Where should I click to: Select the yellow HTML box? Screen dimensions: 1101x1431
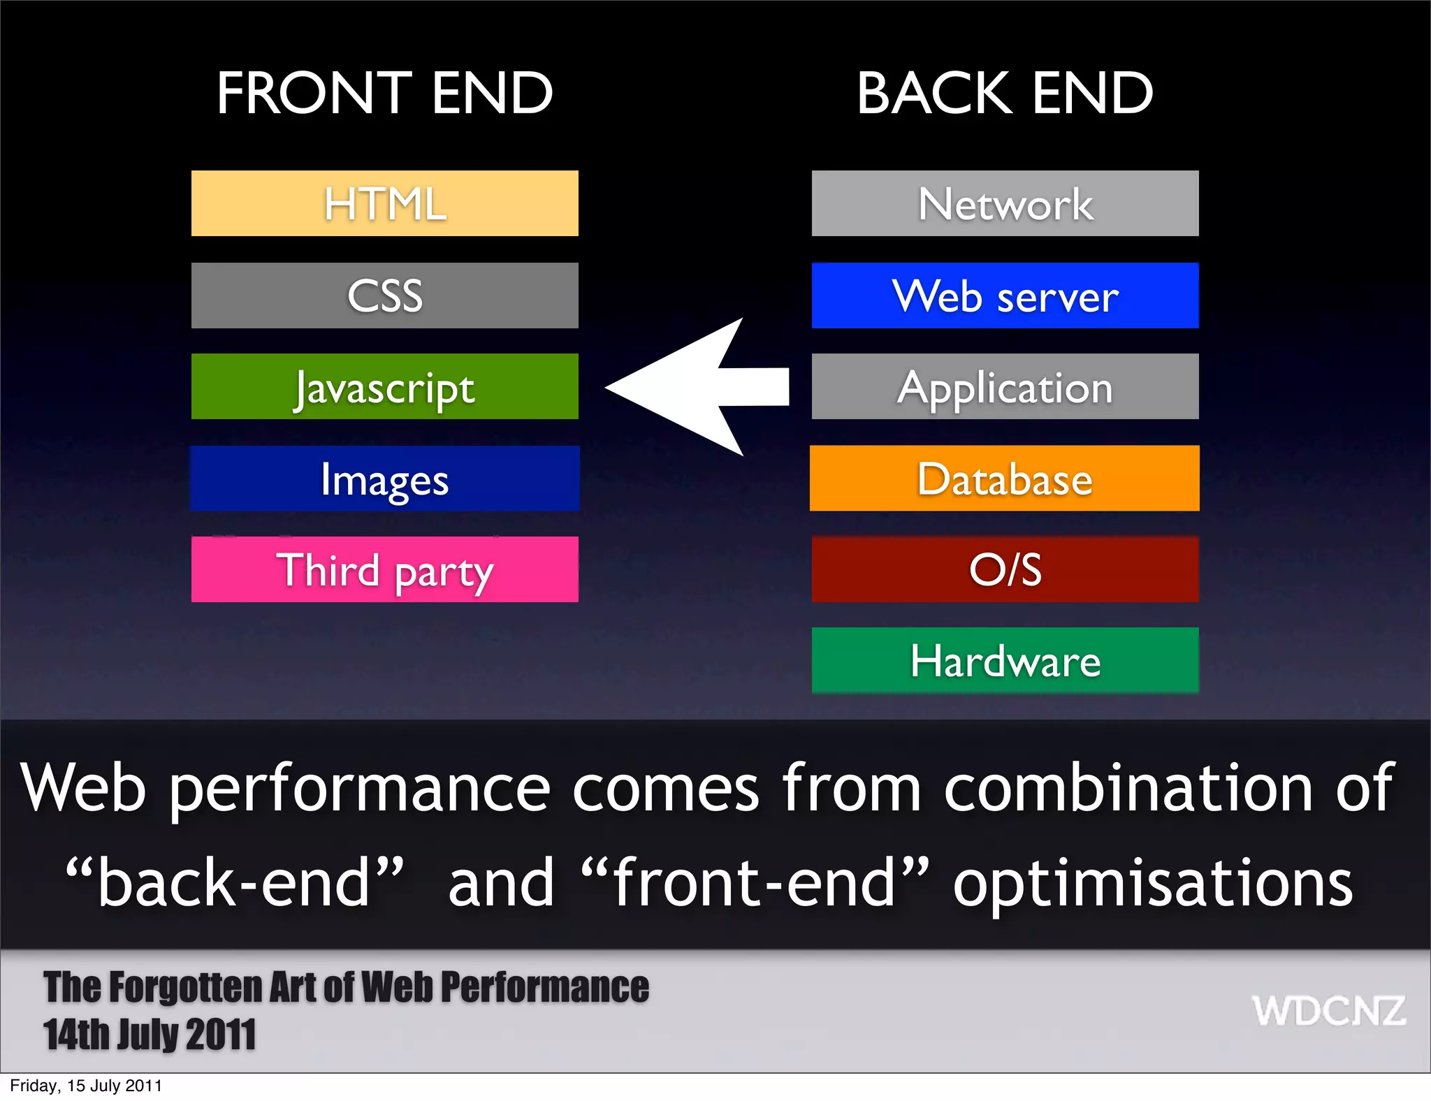click(384, 203)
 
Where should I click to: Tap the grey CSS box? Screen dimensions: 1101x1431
click(384, 296)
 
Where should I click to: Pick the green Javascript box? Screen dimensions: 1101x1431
click(384, 386)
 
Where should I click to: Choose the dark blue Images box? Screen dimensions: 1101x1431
click(384, 479)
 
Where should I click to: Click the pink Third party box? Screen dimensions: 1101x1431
click(384, 569)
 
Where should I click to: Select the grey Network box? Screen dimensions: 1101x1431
click(1005, 203)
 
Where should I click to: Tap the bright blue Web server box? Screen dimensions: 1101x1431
click(1005, 296)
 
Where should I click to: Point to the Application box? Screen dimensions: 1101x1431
click(1005, 386)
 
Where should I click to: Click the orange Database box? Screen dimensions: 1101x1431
click(1005, 479)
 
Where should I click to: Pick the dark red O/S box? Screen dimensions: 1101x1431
click(1005, 569)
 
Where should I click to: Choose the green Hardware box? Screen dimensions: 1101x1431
click(1005, 660)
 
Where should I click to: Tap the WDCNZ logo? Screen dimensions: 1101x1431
click(1328, 1011)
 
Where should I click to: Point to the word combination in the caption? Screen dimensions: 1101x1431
click(1128, 788)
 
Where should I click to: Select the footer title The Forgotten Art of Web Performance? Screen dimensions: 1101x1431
click(346, 987)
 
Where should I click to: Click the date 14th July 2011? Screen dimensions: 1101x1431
click(150, 1035)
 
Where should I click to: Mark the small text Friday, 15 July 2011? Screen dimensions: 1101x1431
click(86, 1086)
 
